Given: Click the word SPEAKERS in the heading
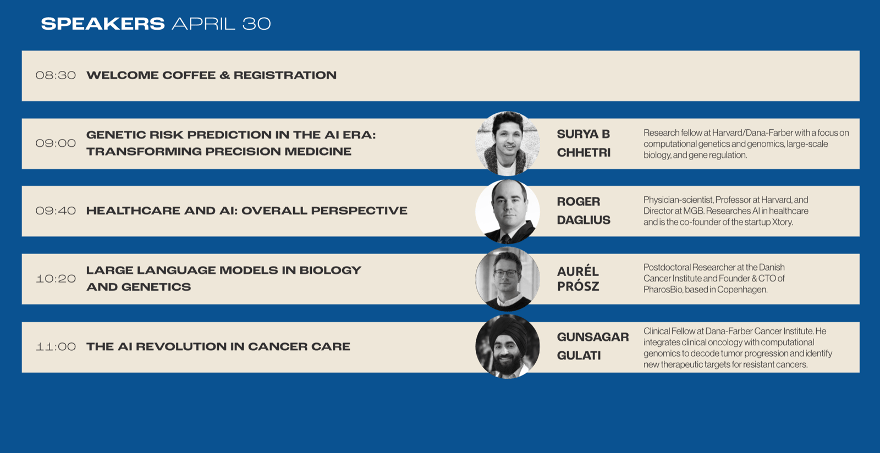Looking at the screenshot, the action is pyautogui.click(x=103, y=24).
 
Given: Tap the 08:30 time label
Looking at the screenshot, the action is pyautogui.click(x=56, y=75).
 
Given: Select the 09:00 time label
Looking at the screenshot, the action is pyautogui.click(x=56, y=143).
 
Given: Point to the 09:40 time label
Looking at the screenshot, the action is pyautogui.click(x=56, y=211).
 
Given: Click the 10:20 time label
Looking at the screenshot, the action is pyautogui.click(x=56, y=279).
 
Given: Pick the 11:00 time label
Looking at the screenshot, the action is pyautogui.click(x=56, y=346).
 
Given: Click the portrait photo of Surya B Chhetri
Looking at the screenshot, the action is pyautogui.click(x=508, y=143).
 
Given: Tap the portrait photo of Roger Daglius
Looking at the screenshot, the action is pyautogui.click(x=508, y=211).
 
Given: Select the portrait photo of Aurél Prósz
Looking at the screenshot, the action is pyautogui.click(x=508, y=279).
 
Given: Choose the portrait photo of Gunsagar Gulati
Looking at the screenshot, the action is pyautogui.click(x=508, y=346).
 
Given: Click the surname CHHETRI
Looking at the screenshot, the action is pyautogui.click(x=584, y=153).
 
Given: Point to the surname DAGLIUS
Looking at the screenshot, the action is pyautogui.click(x=584, y=220).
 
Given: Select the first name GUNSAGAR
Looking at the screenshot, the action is pyautogui.click(x=593, y=337).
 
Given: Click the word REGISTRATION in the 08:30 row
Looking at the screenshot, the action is pyautogui.click(x=285, y=75).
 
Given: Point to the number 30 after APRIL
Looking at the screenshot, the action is pyautogui.click(x=256, y=24).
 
